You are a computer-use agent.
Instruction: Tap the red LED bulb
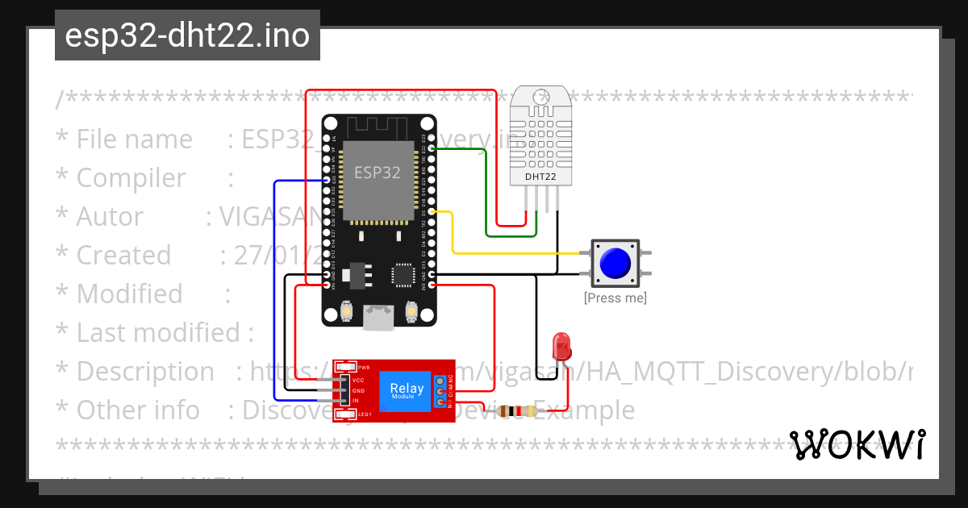tap(561, 348)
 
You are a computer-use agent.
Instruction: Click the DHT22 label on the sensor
tap(540, 176)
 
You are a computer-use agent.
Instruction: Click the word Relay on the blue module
tap(407, 389)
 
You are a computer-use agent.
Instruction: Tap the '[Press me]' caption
tap(615, 298)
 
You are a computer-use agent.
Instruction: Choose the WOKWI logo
tap(857, 445)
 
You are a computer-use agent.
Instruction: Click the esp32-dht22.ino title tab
tap(187, 35)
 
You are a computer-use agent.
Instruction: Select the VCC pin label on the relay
tap(358, 380)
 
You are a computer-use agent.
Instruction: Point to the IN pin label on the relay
tap(355, 400)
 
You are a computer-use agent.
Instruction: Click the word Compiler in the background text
tap(131, 178)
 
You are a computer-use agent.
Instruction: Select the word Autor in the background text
tap(110, 217)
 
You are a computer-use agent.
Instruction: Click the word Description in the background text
tap(145, 372)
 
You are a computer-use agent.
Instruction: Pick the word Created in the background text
tap(123, 256)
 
